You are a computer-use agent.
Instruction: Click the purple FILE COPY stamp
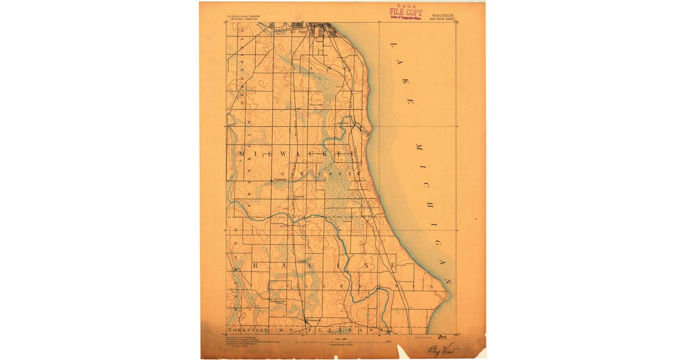(x=406, y=12)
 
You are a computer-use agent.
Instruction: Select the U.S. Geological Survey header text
(x=244, y=17)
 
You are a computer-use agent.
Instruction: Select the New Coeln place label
(x=316, y=105)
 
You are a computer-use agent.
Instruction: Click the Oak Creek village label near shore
(x=343, y=121)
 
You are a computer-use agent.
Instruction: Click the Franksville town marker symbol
(x=306, y=319)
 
